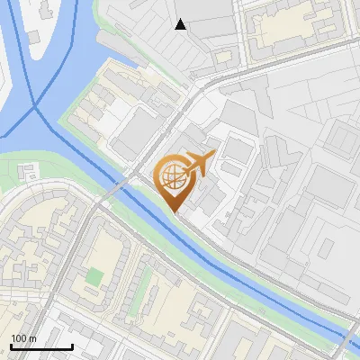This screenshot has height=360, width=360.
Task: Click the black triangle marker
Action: [181, 24]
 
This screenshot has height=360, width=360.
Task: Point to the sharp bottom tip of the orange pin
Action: [176, 212]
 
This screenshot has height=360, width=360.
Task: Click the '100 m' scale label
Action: [23, 337]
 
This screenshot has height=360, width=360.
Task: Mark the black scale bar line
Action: [41, 346]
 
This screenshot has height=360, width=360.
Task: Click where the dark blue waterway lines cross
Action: [37, 107]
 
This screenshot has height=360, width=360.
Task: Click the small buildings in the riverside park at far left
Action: [30, 170]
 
